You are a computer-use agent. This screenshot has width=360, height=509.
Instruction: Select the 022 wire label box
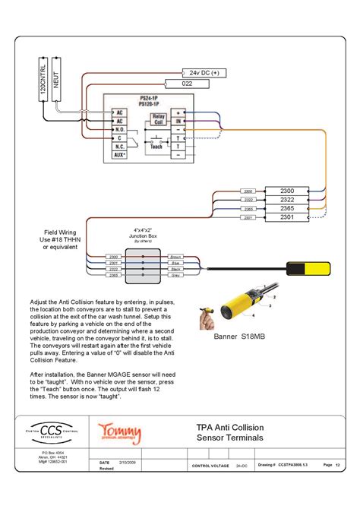(x=188, y=83)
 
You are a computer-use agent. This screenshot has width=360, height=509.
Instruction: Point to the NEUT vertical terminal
(x=58, y=79)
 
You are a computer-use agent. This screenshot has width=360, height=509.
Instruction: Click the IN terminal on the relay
(x=177, y=120)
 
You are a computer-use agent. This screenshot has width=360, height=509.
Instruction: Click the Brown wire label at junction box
(x=175, y=258)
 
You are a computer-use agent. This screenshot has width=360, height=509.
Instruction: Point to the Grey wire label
(x=175, y=276)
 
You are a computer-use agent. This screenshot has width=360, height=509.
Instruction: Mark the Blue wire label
(x=175, y=264)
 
